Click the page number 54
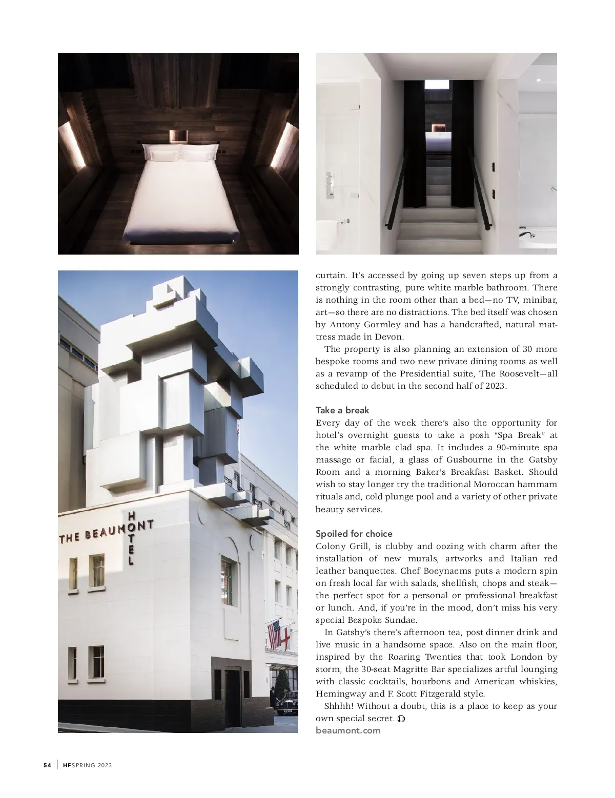47,765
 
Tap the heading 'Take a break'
342,410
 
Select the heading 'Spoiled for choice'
354,534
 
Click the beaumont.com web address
348,730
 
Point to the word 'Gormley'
380,324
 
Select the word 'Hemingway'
339,694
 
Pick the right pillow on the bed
201,152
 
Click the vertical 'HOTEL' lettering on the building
132,538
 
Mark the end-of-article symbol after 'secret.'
401,719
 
